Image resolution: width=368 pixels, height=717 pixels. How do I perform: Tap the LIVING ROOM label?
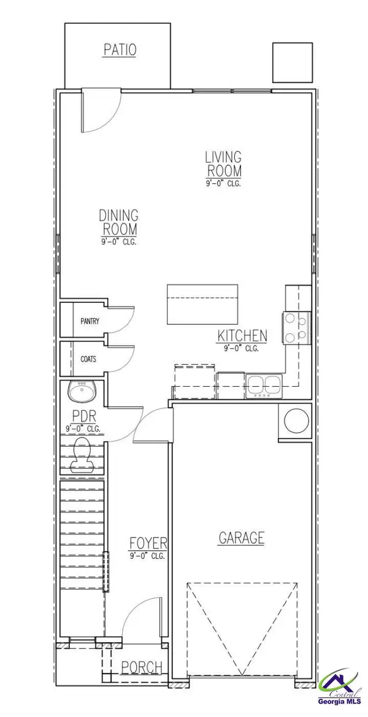[x=223, y=164]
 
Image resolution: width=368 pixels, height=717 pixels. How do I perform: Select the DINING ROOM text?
[x=119, y=222]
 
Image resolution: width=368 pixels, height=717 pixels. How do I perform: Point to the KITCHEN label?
[x=242, y=336]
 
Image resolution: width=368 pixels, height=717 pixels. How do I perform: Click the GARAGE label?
[x=242, y=538]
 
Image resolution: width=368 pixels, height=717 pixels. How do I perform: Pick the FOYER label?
[x=148, y=544]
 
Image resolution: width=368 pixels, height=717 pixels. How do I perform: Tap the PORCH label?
[x=142, y=667]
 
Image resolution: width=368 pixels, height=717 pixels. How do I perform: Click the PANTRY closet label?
[x=90, y=321]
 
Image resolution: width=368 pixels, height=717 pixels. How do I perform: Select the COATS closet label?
[x=88, y=359]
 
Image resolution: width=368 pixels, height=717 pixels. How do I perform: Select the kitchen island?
[x=203, y=303]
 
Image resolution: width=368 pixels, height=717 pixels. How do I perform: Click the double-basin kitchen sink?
[x=264, y=384]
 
